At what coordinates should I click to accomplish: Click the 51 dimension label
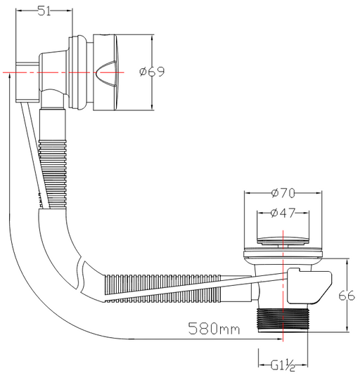pos(44,11)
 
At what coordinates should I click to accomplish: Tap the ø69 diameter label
pos(152,72)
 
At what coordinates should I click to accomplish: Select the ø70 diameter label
pos(283,193)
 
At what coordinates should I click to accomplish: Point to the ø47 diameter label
pos(283,213)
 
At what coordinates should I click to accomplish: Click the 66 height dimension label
pos(347,296)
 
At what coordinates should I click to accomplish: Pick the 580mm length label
pos(214,329)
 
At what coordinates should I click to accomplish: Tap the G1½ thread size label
pos(283,365)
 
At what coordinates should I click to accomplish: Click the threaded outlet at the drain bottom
pos(283,320)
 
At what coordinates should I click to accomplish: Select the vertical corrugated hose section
pos(53,174)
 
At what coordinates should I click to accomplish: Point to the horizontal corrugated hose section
pos(163,288)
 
